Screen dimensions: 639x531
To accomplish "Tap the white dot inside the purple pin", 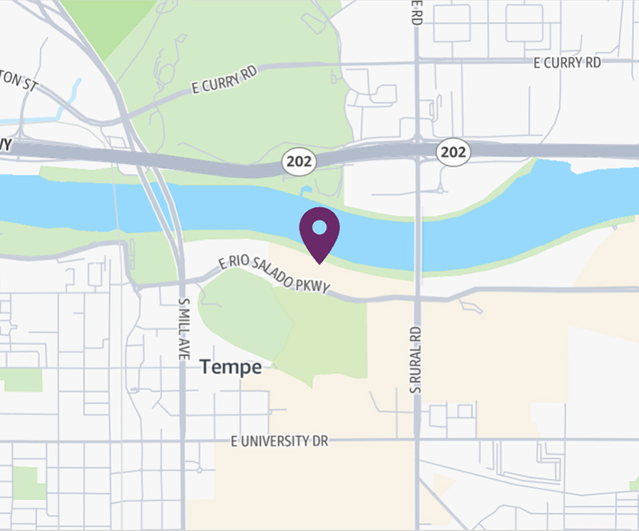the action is click(x=319, y=227).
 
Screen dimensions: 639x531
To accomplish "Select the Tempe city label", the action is click(x=230, y=367).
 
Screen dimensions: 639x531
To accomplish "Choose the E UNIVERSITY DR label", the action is click(x=280, y=441).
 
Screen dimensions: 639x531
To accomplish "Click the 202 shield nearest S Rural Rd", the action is click(x=452, y=150).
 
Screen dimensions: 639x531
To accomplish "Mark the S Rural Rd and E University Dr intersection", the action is click(x=416, y=440).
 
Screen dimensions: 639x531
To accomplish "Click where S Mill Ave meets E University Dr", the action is click(x=183, y=441).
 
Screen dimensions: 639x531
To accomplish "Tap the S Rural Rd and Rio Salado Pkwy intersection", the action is click(x=416, y=297).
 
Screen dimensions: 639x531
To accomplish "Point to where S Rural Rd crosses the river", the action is click(x=416, y=232).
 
